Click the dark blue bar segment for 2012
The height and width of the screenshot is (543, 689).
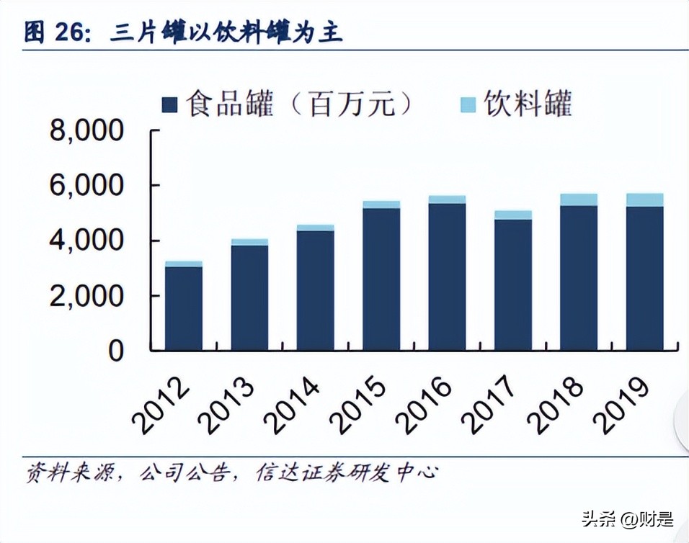click(x=183, y=308)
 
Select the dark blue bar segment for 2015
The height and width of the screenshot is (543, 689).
click(x=381, y=279)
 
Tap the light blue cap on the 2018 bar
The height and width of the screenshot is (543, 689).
click(x=579, y=199)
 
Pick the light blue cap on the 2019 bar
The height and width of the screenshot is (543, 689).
click(x=644, y=199)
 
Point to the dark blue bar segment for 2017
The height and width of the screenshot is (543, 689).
click(x=513, y=284)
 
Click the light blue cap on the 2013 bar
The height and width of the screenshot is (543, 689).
click(x=249, y=242)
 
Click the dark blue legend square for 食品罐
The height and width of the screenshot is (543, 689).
click(x=170, y=105)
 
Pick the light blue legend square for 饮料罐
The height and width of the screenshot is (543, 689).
click(x=468, y=105)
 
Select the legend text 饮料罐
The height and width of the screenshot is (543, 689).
click(x=528, y=104)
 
